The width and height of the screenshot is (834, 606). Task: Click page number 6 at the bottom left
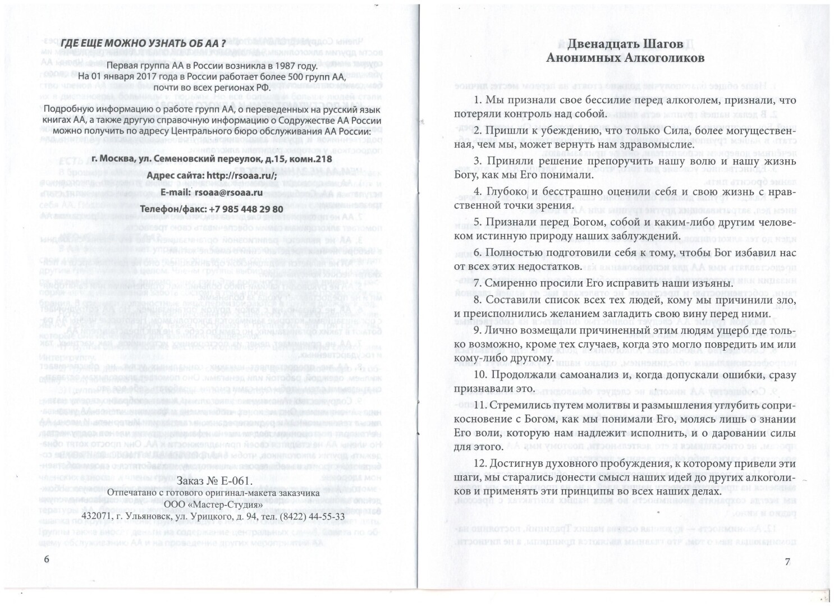[x=47, y=560]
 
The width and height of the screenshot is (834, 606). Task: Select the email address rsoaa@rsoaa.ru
[x=236, y=192]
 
